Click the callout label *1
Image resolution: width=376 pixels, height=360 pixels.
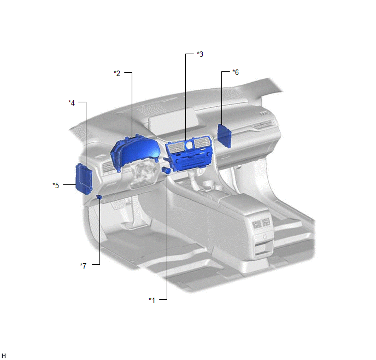coord(152,300)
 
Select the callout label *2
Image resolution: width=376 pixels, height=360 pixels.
coord(117,73)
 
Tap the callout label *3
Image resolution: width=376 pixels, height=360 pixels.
coord(200,54)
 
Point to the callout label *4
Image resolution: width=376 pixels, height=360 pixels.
coord(72,103)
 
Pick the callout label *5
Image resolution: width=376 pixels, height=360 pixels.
coord(56,185)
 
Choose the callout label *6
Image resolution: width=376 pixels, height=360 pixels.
coord(236,72)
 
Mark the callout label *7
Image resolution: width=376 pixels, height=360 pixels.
coord(83,266)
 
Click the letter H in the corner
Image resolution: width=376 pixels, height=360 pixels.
coord(4,356)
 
